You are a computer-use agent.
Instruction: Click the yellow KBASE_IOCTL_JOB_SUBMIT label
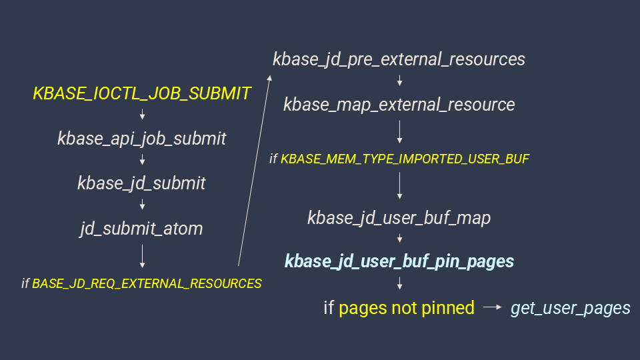point(142,93)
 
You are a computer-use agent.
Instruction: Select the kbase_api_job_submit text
point(142,139)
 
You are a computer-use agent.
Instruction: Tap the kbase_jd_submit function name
point(142,183)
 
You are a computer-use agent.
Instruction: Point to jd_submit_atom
point(142,229)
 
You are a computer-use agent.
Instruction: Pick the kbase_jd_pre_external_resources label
point(399,59)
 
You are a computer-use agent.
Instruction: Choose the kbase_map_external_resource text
point(399,105)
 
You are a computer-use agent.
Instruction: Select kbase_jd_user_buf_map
point(399,218)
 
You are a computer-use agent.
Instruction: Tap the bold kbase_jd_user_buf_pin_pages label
point(399,261)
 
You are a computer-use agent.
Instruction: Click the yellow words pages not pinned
point(407,308)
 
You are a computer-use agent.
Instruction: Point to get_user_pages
point(570,308)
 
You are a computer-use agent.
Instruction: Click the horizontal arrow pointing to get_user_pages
point(492,308)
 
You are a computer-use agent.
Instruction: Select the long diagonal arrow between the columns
point(254,170)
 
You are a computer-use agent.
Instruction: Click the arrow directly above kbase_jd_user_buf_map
point(399,187)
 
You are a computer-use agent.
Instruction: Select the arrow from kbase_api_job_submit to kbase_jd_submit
point(142,161)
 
